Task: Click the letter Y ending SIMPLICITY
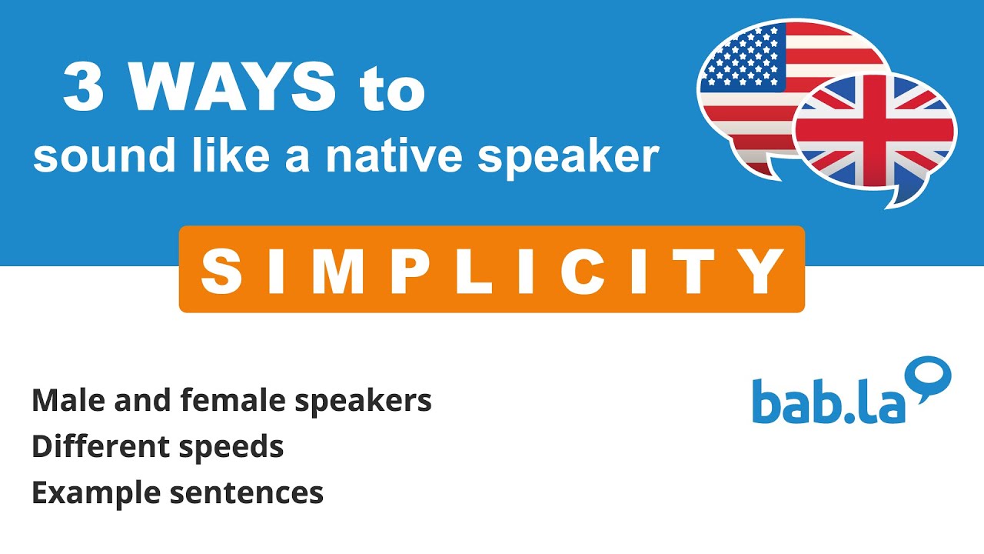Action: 764,271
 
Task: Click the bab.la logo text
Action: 829,401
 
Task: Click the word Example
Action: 95,492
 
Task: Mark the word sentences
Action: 247,492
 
